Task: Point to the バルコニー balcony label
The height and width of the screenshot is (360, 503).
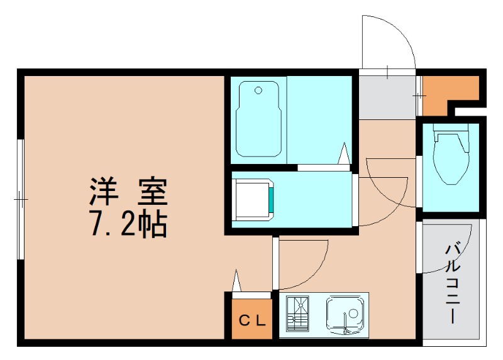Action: (453, 283)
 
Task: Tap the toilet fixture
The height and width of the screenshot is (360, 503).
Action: (451, 157)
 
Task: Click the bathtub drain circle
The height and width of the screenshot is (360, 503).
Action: (258, 90)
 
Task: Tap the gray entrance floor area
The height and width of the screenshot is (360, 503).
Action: (386, 96)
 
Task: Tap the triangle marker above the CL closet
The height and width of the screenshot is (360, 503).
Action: (236, 281)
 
